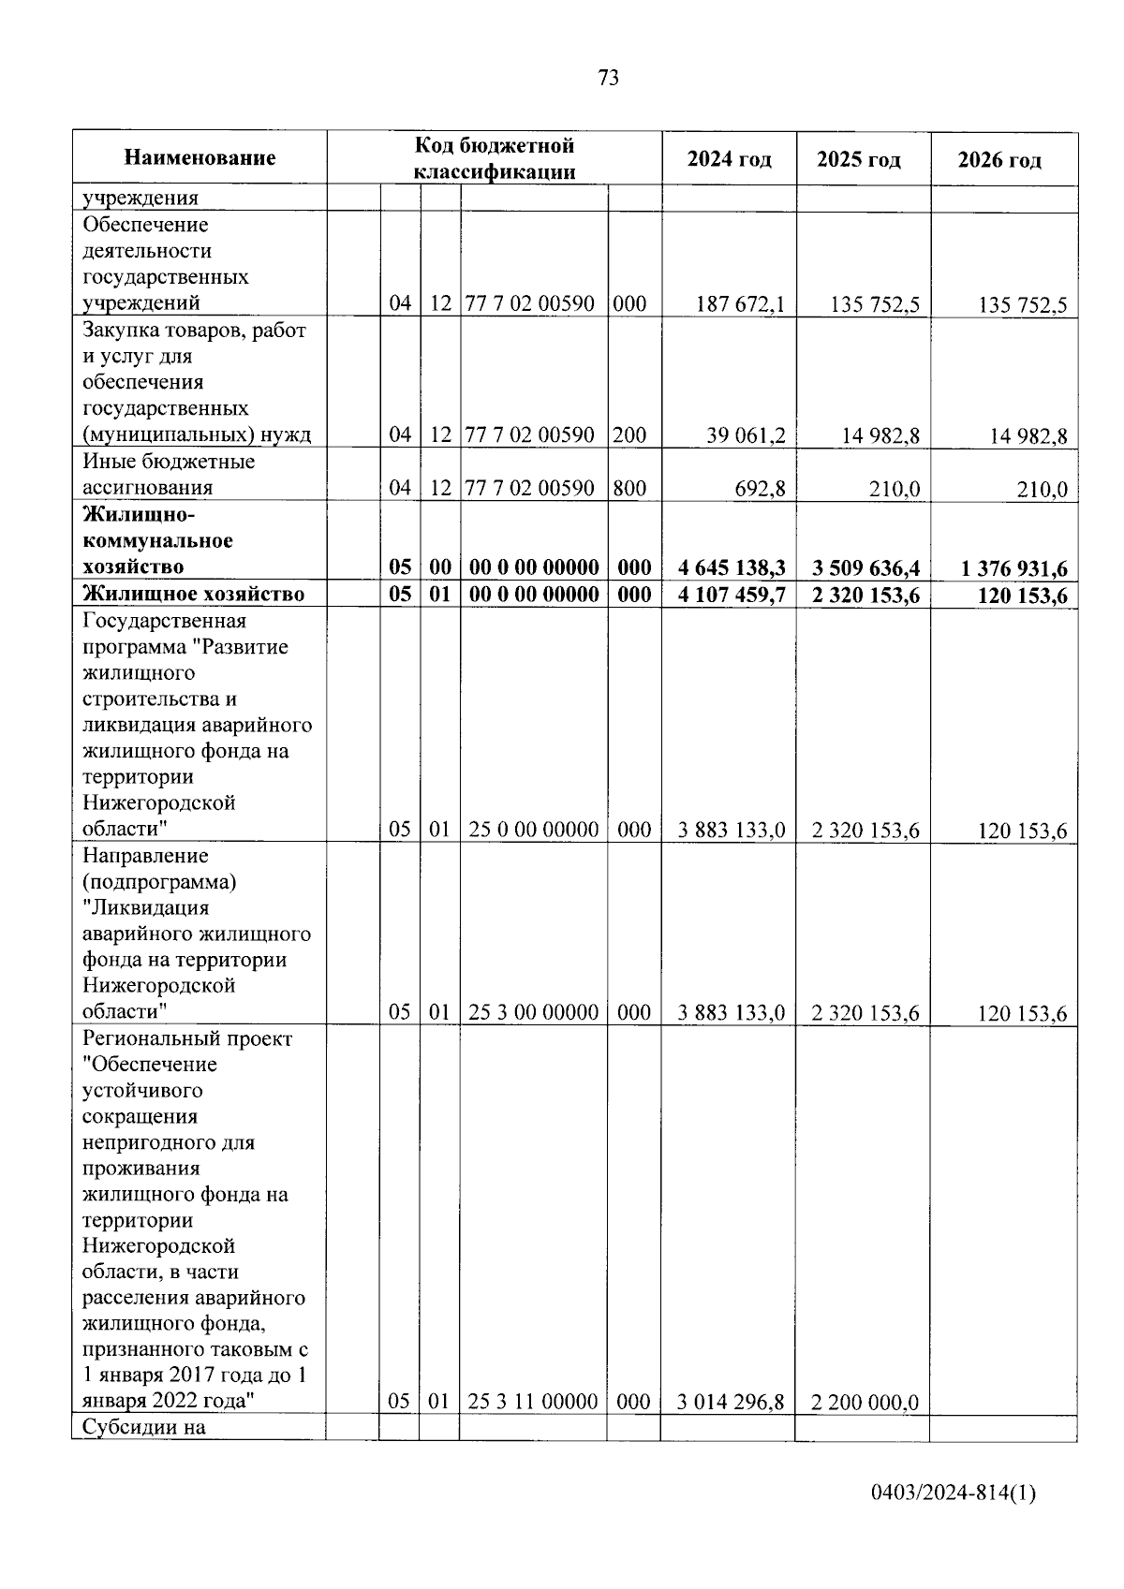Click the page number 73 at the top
click(x=608, y=79)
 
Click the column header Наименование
click(x=200, y=157)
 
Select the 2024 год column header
click(x=730, y=159)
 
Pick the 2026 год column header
click(x=999, y=160)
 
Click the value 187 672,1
click(x=741, y=303)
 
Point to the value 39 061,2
click(x=746, y=435)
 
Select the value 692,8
click(x=760, y=488)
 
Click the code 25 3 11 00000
click(x=533, y=1401)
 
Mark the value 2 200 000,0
click(x=865, y=1402)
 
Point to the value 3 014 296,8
click(x=732, y=1402)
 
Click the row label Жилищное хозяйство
click(x=194, y=594)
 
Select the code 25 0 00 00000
click(x=534, y=830)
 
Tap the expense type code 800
click(x=629, y=488)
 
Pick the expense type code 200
click(x=629, y=435)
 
